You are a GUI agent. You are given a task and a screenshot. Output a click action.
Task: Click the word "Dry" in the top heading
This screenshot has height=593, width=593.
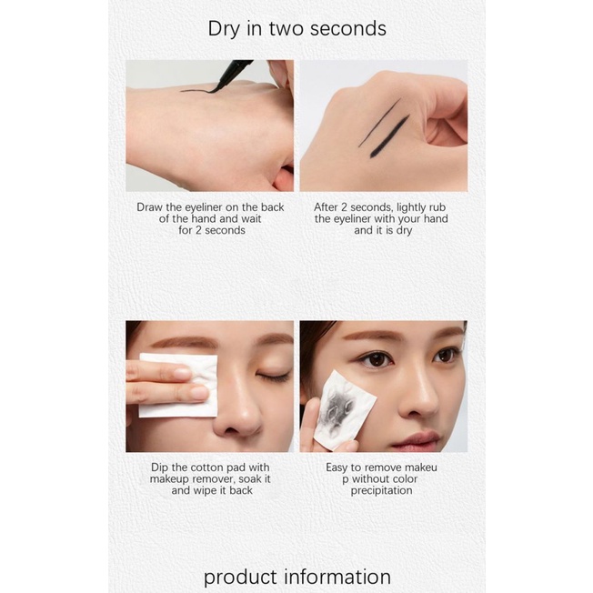click(225, 28)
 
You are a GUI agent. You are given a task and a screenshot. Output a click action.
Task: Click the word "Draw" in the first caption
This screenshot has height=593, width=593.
click(153, 207)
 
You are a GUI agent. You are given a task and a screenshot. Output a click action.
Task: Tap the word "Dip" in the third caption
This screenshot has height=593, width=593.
click(161, 467)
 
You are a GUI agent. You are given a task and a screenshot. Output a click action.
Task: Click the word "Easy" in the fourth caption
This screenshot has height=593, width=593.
click(342, 467)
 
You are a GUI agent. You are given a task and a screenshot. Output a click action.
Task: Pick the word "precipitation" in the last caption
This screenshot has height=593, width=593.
click(382, 491)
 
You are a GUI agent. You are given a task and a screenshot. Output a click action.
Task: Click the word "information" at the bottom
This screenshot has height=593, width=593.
click(337, 577)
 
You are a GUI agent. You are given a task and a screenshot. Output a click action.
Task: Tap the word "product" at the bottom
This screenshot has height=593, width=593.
click(239, 577)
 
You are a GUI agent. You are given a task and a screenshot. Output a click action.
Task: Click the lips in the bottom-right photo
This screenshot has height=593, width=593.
click(416, 440)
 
